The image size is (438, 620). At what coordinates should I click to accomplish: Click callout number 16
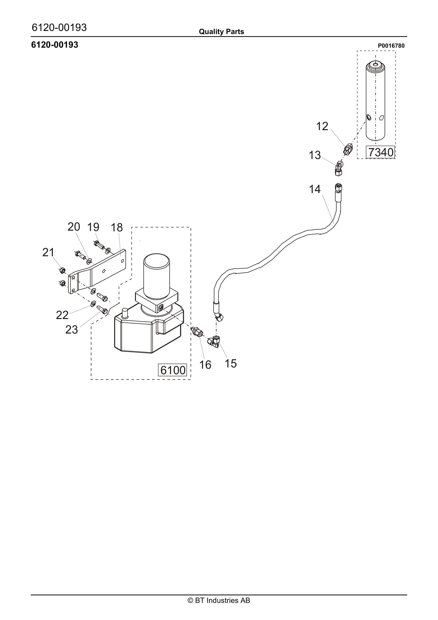click(x=205, y=365)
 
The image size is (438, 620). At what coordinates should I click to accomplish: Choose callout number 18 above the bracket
click(x=117, y=228)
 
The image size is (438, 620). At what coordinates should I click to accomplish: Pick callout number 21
click(x=48, y=253)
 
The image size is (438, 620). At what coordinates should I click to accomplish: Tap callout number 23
click(x=72, y=330)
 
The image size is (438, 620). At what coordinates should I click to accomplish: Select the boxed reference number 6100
click(x=173, y=370)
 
